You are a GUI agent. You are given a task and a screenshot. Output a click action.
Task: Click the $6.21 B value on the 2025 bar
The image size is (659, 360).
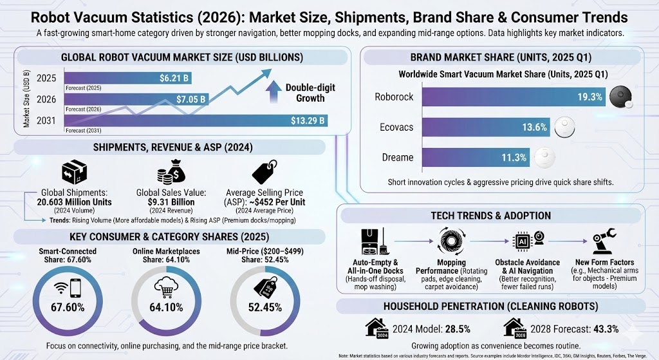click(174, 78)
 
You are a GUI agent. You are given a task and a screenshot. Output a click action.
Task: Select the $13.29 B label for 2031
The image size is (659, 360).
click(308, 120)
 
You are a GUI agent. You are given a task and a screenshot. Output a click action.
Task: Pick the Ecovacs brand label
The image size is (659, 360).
click(393, 127)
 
